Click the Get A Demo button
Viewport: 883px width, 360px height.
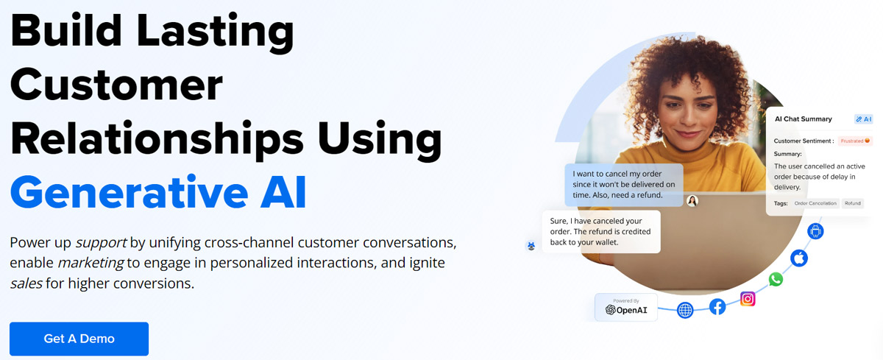(x=79, y=339)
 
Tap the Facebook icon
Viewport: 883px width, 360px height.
(x=717, y=307)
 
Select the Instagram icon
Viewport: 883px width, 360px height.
(x=748, y=299)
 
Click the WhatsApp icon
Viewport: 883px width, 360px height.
(x=776, y=279)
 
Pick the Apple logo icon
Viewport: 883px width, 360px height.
(x=799, y=258)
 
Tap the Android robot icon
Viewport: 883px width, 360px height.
(x=815, y=230)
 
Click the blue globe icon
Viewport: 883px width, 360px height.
(x=685, y=310)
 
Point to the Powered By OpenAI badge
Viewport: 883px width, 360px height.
(x=626, y=307)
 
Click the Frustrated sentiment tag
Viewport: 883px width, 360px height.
(x=855, y=141)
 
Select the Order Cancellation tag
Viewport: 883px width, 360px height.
(x=815, y=203)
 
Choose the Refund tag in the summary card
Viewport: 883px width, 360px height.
(x=852, y=203)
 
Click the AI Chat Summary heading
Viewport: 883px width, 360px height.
(x=803, y=119)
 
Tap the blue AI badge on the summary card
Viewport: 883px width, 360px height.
(x=863, y=119)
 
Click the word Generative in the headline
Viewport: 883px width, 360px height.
(x=129, y=192)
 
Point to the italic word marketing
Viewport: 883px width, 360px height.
(x=91, y=263)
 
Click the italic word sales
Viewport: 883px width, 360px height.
(x=26, y=283)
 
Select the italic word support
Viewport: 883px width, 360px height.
(x=101, y=243)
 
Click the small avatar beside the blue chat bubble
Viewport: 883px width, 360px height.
(x=692, y=201)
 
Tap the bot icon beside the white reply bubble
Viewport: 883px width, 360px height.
(x=531, y=246)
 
